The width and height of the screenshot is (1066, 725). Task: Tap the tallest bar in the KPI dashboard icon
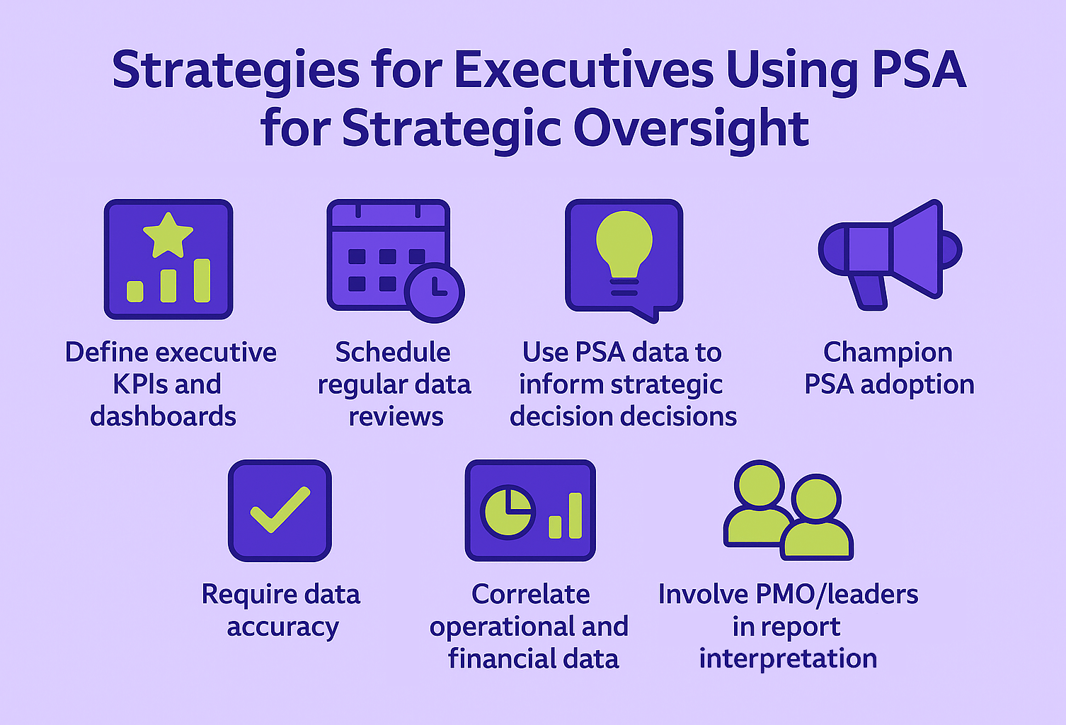[202, 280]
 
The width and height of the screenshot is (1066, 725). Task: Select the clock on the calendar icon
[434, 292]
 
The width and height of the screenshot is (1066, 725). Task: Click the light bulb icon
[624, 252]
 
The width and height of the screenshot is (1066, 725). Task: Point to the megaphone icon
[890, 255]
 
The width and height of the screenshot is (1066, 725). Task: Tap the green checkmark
[280, 509]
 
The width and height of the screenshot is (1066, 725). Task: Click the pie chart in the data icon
[508, 512]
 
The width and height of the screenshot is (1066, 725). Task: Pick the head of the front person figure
[816, 499]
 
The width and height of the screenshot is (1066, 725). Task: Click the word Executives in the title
[584, 71]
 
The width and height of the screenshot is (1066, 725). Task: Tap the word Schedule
[393, 352]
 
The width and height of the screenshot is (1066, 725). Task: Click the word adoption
[917, 384]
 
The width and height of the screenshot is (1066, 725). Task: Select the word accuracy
[282, 628]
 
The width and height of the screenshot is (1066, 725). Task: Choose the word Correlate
[531, 594]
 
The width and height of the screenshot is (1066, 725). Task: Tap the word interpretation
[788, 659]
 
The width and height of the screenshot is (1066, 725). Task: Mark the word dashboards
[164, 416]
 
